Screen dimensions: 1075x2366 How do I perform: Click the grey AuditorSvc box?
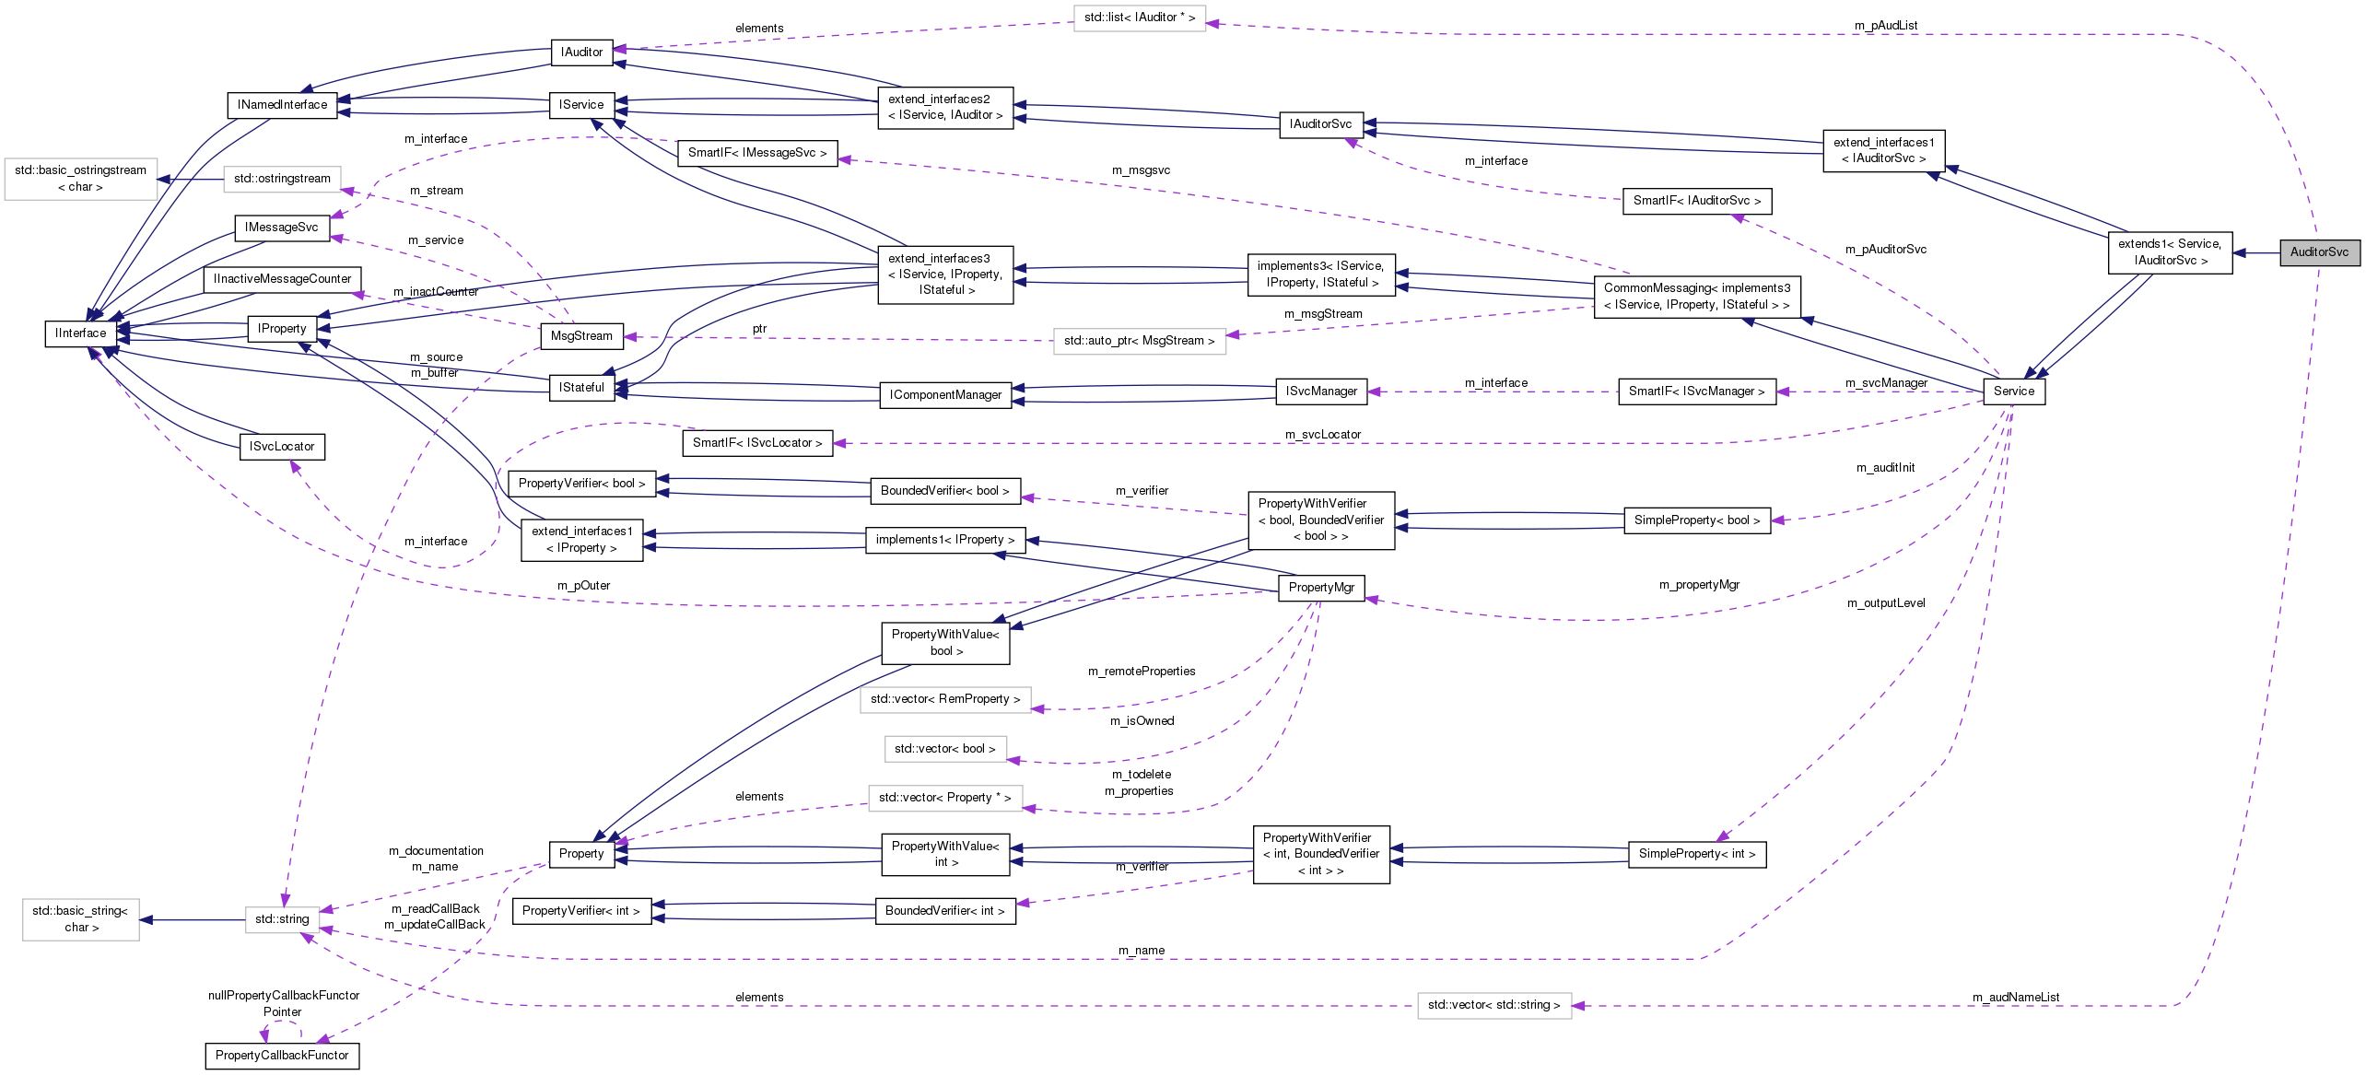pyautogui.click(x=2319, y=251)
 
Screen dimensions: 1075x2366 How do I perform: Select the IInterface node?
pyautogui.click(x=80, y=333)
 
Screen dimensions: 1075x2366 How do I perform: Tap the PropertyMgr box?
pyautogui.click(x=1320, y=588)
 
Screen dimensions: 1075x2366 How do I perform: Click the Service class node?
pyautogui.click(x=2013, y=391)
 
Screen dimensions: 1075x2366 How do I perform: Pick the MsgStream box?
pyautogui.click(x=580, y=336)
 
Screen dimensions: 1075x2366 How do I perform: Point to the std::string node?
pyautogui.click(x=282, y=918)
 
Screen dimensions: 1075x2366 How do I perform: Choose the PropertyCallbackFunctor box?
pyautogui.click(x=282, y=1056)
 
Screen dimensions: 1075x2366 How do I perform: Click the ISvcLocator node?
pyautogui.click(x=281, y=447)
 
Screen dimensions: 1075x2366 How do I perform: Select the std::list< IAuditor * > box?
pyautogui.click(x=1139, y=18)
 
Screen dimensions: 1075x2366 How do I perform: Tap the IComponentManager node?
pyautogui.click(x=945, y=395)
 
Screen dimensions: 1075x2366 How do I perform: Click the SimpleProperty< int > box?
pyautogui.click(x=1696, y=854)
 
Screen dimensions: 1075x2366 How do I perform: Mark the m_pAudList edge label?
pyautogui.click(x=1886, y=26)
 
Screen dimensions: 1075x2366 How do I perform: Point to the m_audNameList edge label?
pyautogui.click(x=2016, y=998)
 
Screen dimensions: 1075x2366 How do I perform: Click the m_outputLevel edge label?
pyautogui.click(x=1886, y=603)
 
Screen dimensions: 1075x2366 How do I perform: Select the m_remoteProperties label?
pyautogui.click(x=1142, y=672)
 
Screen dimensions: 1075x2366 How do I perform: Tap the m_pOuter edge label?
pyautogui.click(x=583, y=586)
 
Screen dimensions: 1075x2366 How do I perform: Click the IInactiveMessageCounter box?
pyautogui.click(x=282, y=279)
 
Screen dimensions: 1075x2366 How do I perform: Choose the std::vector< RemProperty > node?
pyautogui.click(x=944, y=699)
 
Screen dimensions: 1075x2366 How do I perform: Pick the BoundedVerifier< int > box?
pyautogui.click(x=944, y=911)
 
